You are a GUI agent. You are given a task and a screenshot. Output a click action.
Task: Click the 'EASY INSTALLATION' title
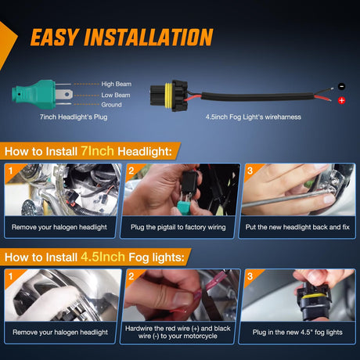click(122, 37)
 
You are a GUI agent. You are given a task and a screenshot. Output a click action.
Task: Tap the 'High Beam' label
click(117, 84)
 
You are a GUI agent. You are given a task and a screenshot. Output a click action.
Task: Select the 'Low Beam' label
click(116, 95)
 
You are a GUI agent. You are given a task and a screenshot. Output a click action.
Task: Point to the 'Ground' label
click(111, 105)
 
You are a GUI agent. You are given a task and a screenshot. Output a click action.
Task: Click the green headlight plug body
click(34, 95)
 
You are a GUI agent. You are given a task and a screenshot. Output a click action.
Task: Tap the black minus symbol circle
click(342, 86)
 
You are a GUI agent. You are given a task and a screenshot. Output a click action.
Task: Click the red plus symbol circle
click(341, 100)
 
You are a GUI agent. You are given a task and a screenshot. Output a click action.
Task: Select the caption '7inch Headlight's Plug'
click(74, 117)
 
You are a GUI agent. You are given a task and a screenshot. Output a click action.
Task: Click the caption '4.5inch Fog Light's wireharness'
click(253, 117)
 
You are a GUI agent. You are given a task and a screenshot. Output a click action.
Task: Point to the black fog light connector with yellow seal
click(169, 95)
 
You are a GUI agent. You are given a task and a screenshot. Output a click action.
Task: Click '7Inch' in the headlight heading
click(97, 151)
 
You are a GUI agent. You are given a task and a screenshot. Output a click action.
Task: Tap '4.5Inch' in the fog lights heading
click(103, 257)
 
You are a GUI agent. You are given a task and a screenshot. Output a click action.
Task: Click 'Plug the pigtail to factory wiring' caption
click(178, 227)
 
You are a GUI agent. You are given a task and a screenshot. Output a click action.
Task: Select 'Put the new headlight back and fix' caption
click(297, 227)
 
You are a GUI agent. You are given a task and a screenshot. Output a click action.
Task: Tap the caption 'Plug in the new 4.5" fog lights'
click(297, 333)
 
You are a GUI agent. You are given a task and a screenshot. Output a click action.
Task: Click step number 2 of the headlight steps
click(131, 171)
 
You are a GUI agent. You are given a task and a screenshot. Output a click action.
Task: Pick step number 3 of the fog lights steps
click(250, 276)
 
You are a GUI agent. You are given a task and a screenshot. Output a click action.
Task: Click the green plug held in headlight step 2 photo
click(186, 206)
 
